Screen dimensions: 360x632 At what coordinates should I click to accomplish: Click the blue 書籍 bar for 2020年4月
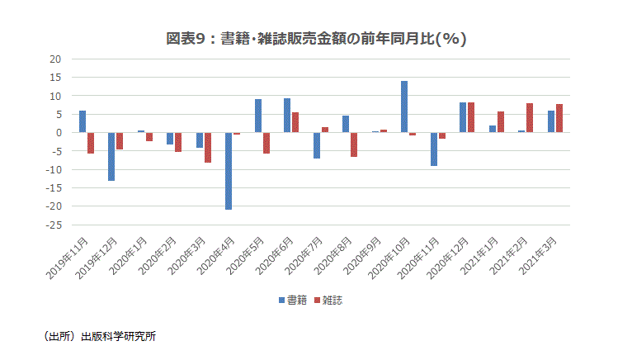[228, 171]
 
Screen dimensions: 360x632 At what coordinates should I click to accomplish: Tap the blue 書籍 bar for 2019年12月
[111, 156]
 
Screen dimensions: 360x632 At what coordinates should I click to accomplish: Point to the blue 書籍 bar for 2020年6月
[286, 116]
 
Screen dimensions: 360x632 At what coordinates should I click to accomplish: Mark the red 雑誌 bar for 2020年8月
[354, 144]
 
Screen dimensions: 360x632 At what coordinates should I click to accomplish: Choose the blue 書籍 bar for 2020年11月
[433, 149]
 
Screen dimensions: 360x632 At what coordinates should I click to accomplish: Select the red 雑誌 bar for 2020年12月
[471, 117]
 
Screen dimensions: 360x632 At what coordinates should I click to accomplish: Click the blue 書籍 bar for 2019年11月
[83, 121]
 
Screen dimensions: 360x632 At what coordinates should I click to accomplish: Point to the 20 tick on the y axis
[56, 59]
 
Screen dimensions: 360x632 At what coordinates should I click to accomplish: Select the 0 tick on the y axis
[59, 133]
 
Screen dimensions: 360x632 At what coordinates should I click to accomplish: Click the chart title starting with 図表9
[316, 38]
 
